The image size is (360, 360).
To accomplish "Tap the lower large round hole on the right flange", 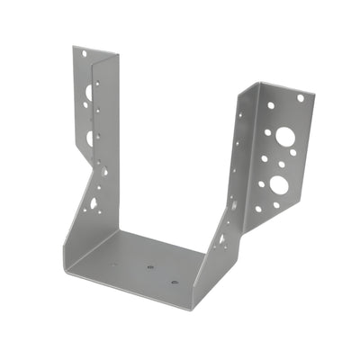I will click(x=278, y=184).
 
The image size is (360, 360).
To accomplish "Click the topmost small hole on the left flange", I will click(x=85, y=54).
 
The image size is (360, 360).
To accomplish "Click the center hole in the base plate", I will click(x=150, y=266).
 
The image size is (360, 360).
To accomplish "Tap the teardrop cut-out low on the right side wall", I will click(x=220, y=239).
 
